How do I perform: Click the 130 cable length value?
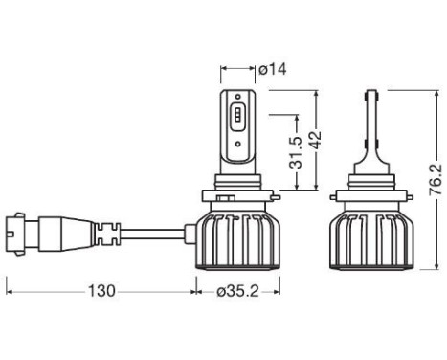coord(101,288)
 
